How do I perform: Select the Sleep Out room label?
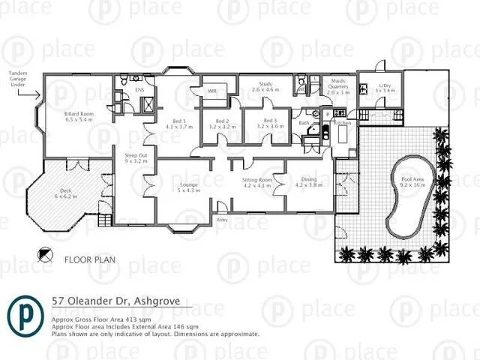(x=135, y=158)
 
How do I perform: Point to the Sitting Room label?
(x=256, y=182)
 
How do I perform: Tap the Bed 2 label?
(x=222, y=124)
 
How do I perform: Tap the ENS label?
(x=139, y=89)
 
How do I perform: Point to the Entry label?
(x=222, y=220)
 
